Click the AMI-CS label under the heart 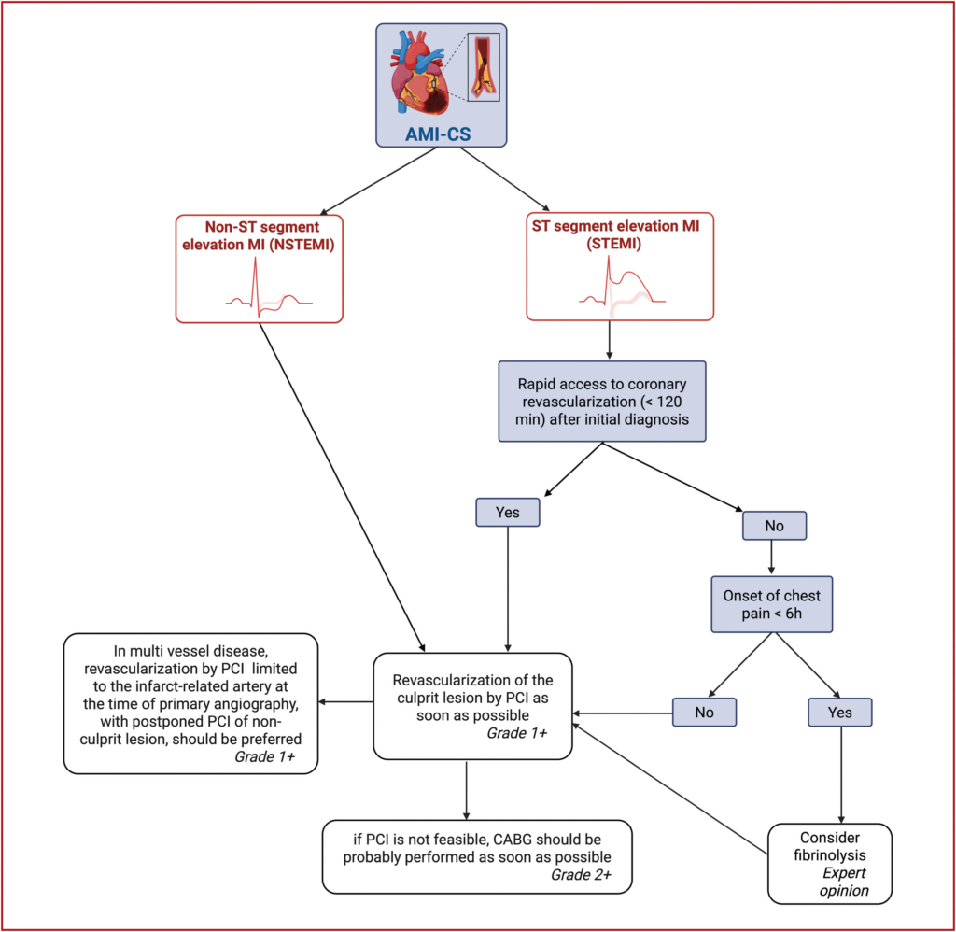(x=437, y=133)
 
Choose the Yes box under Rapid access (x=506, y=513)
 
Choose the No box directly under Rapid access (x=774, y=526)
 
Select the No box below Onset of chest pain (x=705, y=713)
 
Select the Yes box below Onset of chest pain (x=841, y=713)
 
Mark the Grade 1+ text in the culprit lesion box (x=516, y=733)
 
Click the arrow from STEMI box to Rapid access (x=609, y=341)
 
